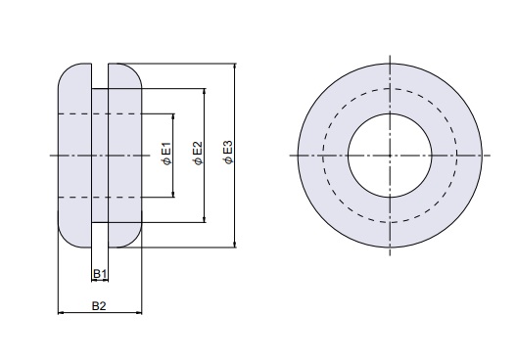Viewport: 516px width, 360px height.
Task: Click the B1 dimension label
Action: [x=100, y=274]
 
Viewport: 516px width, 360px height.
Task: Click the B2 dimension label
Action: [x=99, y=306]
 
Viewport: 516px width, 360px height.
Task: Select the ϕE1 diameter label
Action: [x=166, y=154]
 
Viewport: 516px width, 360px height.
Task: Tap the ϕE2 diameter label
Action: [x=198, y=154]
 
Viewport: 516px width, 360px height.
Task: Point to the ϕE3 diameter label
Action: [x=228, y=153]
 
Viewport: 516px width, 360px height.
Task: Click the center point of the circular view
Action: [x=390, y=156]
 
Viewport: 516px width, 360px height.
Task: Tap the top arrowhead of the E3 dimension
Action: [x=235, y=67]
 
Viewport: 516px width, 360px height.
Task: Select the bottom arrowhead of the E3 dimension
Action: [x=235, y=245]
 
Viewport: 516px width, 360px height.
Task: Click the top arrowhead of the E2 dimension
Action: [x=205, y=92]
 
